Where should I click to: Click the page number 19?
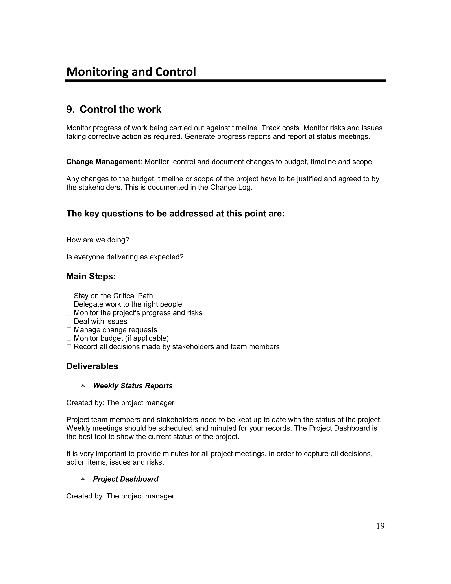(x=380, y=526)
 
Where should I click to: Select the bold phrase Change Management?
(x=103, y=162)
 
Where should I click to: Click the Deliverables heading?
(x=92, y=366)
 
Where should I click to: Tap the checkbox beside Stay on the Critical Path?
(x=69, y=296)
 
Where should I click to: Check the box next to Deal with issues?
(x=69, y=321)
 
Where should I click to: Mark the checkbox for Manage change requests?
(x=69, y=330)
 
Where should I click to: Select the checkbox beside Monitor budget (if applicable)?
(x=69, y=338)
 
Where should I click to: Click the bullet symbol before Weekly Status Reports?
(x=83, y=385)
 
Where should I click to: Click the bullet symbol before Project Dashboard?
(x=83, y=479)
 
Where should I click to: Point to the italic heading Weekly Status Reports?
(x=133, y=386)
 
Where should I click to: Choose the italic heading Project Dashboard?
(x=126, y=479)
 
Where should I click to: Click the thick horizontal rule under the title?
(x=225, y=80)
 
